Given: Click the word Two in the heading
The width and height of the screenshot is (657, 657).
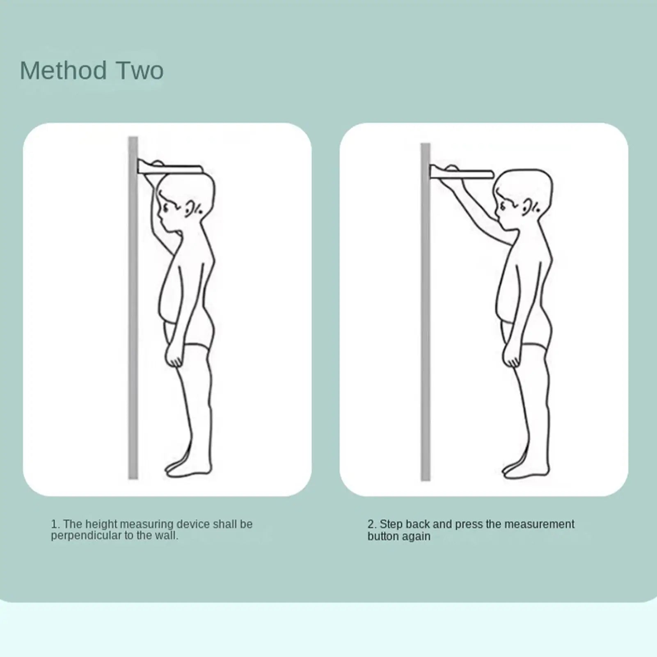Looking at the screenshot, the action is click(140, 70).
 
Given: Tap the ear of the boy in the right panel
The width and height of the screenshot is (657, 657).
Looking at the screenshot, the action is click(527, 208).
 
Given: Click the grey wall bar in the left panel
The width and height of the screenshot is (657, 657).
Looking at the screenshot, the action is click(133, 308).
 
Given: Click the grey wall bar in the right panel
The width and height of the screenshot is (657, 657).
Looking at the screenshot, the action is click(426, 312).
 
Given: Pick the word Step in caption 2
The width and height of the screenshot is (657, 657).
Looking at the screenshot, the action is click(389, 524).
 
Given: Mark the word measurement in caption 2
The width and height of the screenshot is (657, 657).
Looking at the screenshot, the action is click(539, 524).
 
